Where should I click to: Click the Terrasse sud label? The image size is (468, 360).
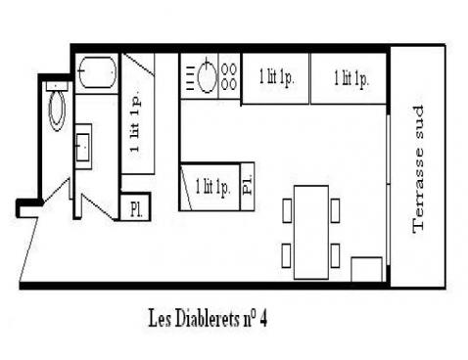tap(420, 168)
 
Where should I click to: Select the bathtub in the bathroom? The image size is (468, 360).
tap(98, 72)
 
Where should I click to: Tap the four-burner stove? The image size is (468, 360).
tap(229, 77)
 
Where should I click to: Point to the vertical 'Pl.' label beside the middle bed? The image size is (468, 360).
tap(247, 185)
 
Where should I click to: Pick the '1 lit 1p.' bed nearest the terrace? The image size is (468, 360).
tap(351, 77)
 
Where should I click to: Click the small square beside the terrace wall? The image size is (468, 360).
tap(367, 269)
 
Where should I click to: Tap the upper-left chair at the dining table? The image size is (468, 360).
tap(287, 208)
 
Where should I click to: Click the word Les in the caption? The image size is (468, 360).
tap(160, 319)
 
